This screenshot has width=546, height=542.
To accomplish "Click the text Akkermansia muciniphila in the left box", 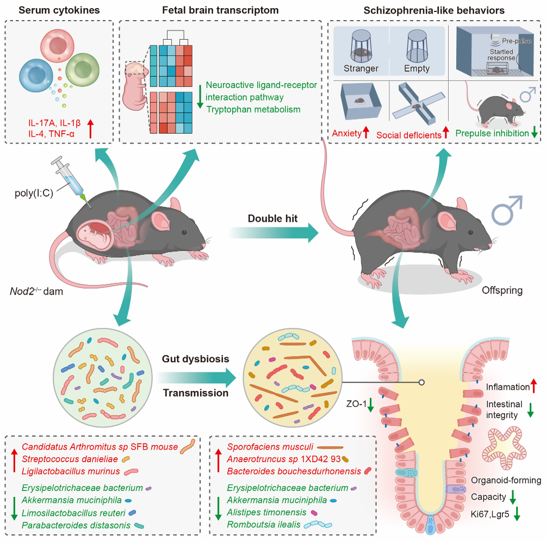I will (x=67, y=500).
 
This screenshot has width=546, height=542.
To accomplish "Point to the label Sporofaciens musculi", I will (x=265, y=447).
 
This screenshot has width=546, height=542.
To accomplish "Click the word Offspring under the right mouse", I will (x=502, y=291).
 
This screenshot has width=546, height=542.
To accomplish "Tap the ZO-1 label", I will (x=357, y=404).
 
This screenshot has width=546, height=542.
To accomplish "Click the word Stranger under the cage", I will (x=361, y=68).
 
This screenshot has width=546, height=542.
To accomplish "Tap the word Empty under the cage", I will (x=417, y=68).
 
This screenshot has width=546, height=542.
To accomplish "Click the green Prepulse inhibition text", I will (x=492, y=133).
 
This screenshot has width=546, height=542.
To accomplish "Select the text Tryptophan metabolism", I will (x=253, y=109).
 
